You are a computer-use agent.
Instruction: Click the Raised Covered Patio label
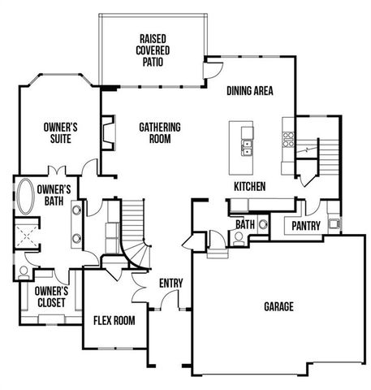pyautogui.click(x=153, y=50)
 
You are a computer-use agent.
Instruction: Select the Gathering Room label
pyautogui.click(x=159, y=133)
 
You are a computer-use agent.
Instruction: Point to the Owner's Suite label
pyautogui.click(x=60, y=133)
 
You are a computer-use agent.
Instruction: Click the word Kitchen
pyautogui.click(x=250, y=187)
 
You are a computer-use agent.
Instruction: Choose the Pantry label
pyautogui.click(x=305, y=226)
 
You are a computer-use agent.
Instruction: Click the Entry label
pyautogui.click(x=170, y=283)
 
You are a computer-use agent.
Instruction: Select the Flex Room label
pyautogui.click(x=114, y=320)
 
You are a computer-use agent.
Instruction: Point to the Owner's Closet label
pyautogui.click(x=51, y=296)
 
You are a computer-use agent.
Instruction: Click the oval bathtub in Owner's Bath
pyautogui.click(x=24, y=198)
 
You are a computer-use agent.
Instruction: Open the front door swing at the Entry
pyautogui.click(x=168, y=304)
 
